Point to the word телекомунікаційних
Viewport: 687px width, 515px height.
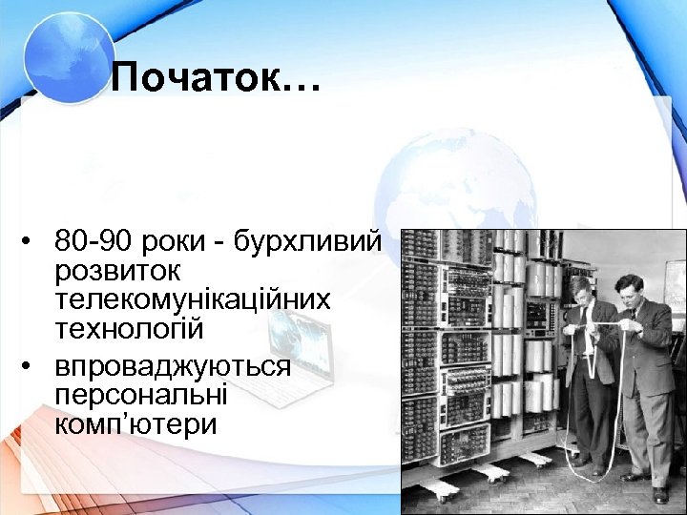(193, 299)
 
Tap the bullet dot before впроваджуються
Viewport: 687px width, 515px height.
(31, 365)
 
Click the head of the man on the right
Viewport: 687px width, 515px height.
(635, 286)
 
